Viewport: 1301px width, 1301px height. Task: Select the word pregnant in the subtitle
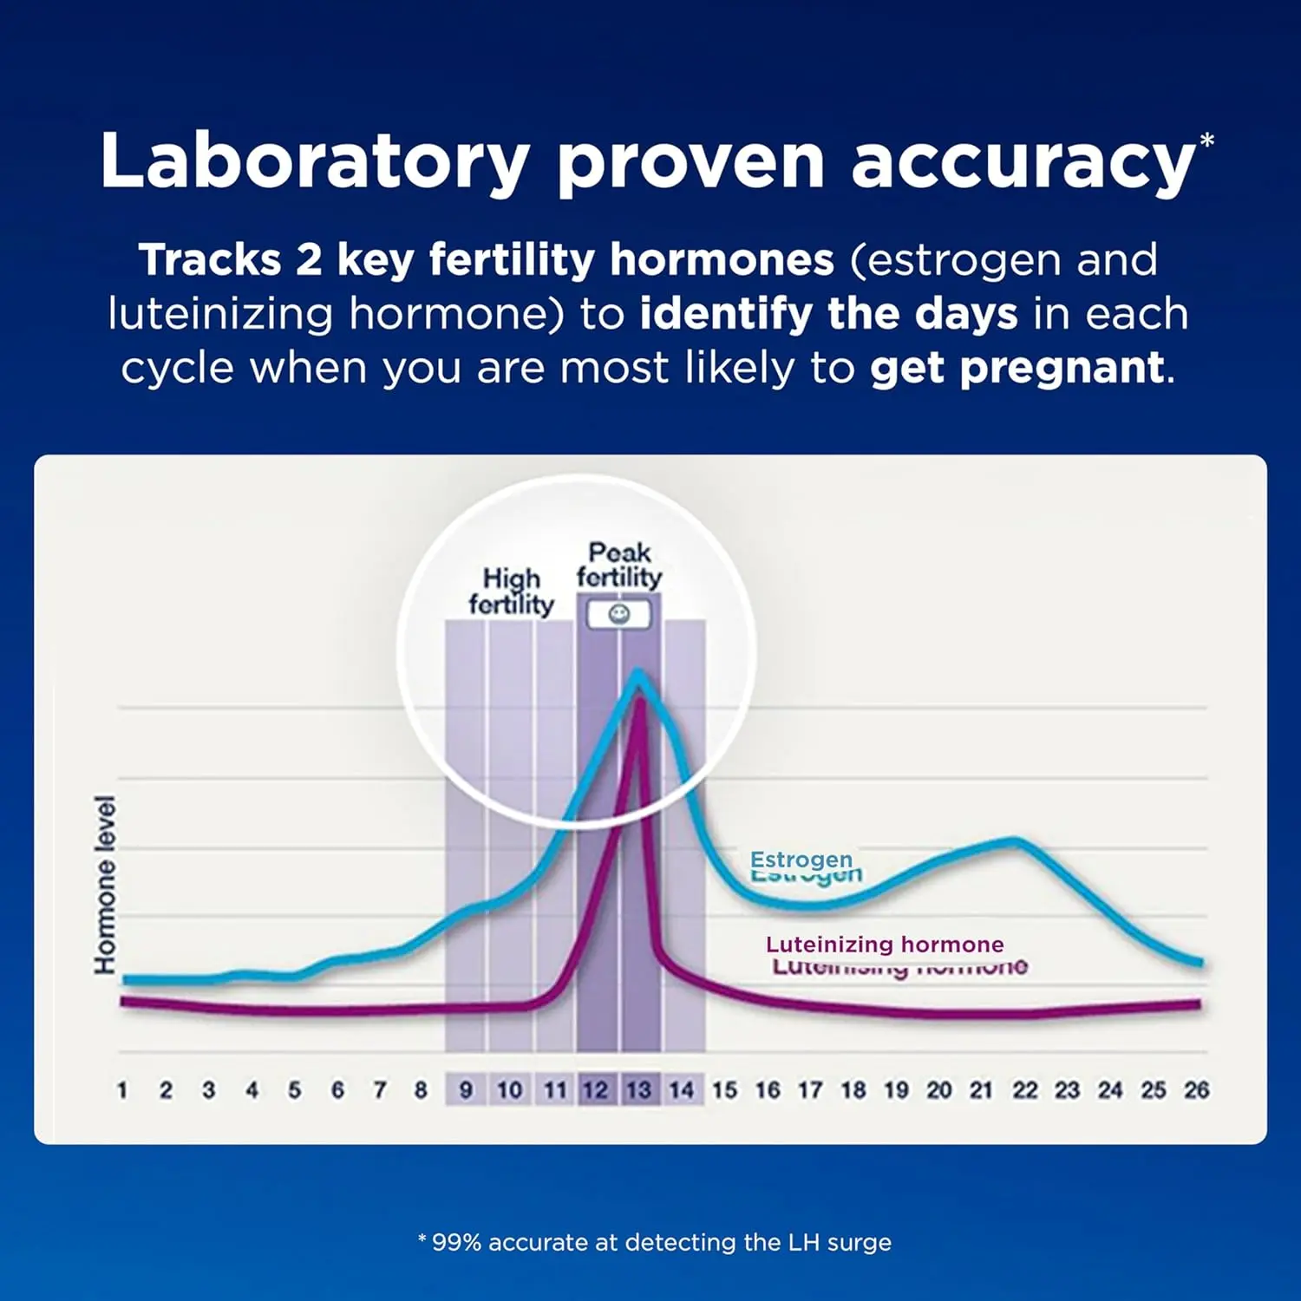[1017, 368]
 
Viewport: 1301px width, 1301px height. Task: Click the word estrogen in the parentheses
[963, 260]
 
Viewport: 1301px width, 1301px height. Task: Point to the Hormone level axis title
[105, 885]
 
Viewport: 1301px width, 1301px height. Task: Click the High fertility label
[511, 592]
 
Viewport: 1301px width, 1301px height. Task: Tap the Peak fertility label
[618, 565]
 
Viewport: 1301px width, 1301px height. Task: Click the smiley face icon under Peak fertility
[618, 615]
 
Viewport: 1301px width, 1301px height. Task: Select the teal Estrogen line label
[801, 860]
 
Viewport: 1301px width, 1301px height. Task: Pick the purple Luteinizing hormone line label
[885, 945]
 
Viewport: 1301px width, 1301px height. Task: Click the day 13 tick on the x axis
[639, 1090]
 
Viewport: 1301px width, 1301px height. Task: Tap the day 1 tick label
[122, 1090]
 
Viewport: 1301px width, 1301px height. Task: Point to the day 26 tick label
[1196, 1090]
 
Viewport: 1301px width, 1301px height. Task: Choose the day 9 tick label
[467, 1090]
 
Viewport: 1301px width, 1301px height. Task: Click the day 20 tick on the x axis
[938, 1090]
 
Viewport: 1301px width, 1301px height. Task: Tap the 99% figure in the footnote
[456, 1243]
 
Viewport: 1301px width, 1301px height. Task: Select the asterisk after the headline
[1206, 141]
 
